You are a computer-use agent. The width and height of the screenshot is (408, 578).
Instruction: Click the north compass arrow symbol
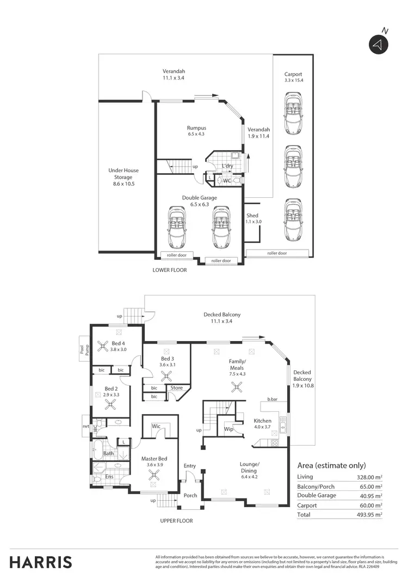(x=376, y=45)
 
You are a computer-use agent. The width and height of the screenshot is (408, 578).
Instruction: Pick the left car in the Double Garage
(x=177, y=226)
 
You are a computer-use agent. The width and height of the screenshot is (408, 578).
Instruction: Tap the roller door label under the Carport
(x=277, y=253)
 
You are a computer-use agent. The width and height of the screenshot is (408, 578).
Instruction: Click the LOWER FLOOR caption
(x=170, y=270)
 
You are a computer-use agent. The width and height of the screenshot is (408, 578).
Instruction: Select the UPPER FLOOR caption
(x=176, y=521)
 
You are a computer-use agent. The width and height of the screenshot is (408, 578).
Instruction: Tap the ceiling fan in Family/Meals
(x=237, y=387)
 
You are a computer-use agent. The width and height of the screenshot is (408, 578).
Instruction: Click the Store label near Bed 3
(x=176, y=388)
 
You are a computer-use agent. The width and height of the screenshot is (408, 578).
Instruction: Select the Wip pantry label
(x=228, y=429)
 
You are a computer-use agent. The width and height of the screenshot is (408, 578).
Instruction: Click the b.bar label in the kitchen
(x=273, y=399)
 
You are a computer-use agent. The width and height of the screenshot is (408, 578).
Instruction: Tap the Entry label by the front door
(x=190, y=466)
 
